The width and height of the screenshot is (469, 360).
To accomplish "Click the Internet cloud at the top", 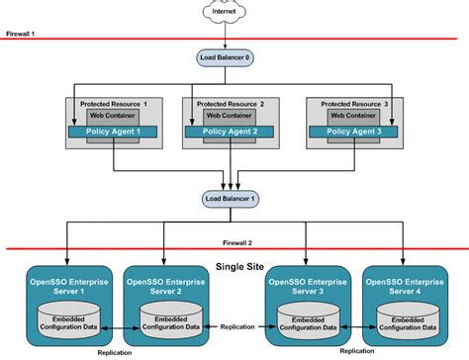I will [227, 13].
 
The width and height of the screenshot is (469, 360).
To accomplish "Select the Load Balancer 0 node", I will [227, 58].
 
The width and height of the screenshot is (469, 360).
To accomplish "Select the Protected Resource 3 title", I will [353, 103].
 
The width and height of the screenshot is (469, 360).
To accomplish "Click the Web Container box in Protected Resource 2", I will [227, 116].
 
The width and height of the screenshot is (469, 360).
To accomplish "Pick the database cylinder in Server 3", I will [307, 321].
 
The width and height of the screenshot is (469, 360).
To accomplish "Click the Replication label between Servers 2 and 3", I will [236, 324].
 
